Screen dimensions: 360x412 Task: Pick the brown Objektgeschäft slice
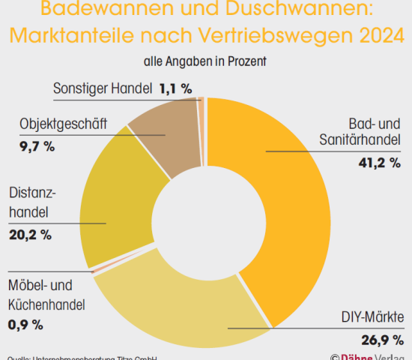(165, 135)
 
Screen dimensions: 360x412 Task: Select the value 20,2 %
(30, 235)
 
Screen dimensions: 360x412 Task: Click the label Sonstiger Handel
(103, 88)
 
